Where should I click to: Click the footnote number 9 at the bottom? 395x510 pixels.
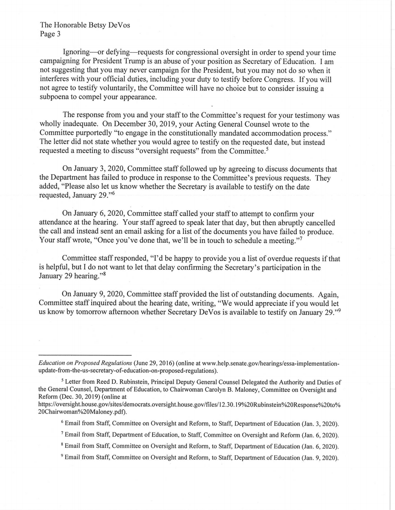coord(62,457)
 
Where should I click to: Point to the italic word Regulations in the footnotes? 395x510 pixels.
coord(111,364)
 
